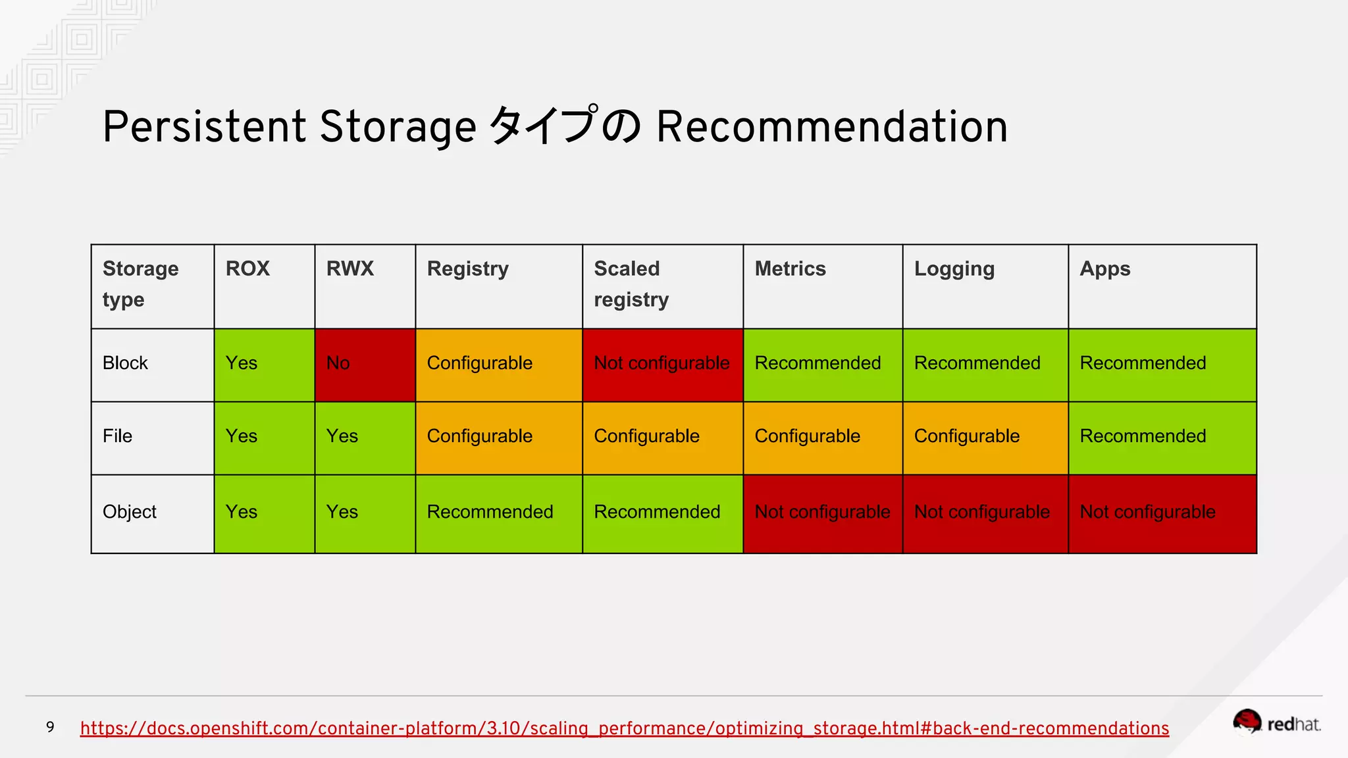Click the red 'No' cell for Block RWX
365,365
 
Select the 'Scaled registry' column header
662,286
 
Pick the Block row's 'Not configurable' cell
662,364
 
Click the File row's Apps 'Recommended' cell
1162,437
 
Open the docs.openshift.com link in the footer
624,728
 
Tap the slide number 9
50,727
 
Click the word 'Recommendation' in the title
831,126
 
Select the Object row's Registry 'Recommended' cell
498,513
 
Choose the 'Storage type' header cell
152,286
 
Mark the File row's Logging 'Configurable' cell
985,437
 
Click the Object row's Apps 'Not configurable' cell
1162,513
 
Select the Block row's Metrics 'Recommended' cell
822,364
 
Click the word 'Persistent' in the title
204,126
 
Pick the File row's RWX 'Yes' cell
365,437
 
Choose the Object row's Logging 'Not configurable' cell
985,513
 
